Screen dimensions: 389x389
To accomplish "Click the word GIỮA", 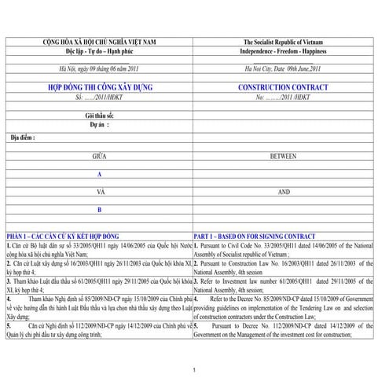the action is tap(99, 156).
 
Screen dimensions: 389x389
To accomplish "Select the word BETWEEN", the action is tap(283, 156).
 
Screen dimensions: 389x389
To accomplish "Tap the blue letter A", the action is tap(99, 174).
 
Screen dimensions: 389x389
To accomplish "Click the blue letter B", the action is tap(99, 211).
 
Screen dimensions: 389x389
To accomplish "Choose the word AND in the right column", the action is tap(283, 192).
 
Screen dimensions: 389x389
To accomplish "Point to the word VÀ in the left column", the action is tap(99, 192).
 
